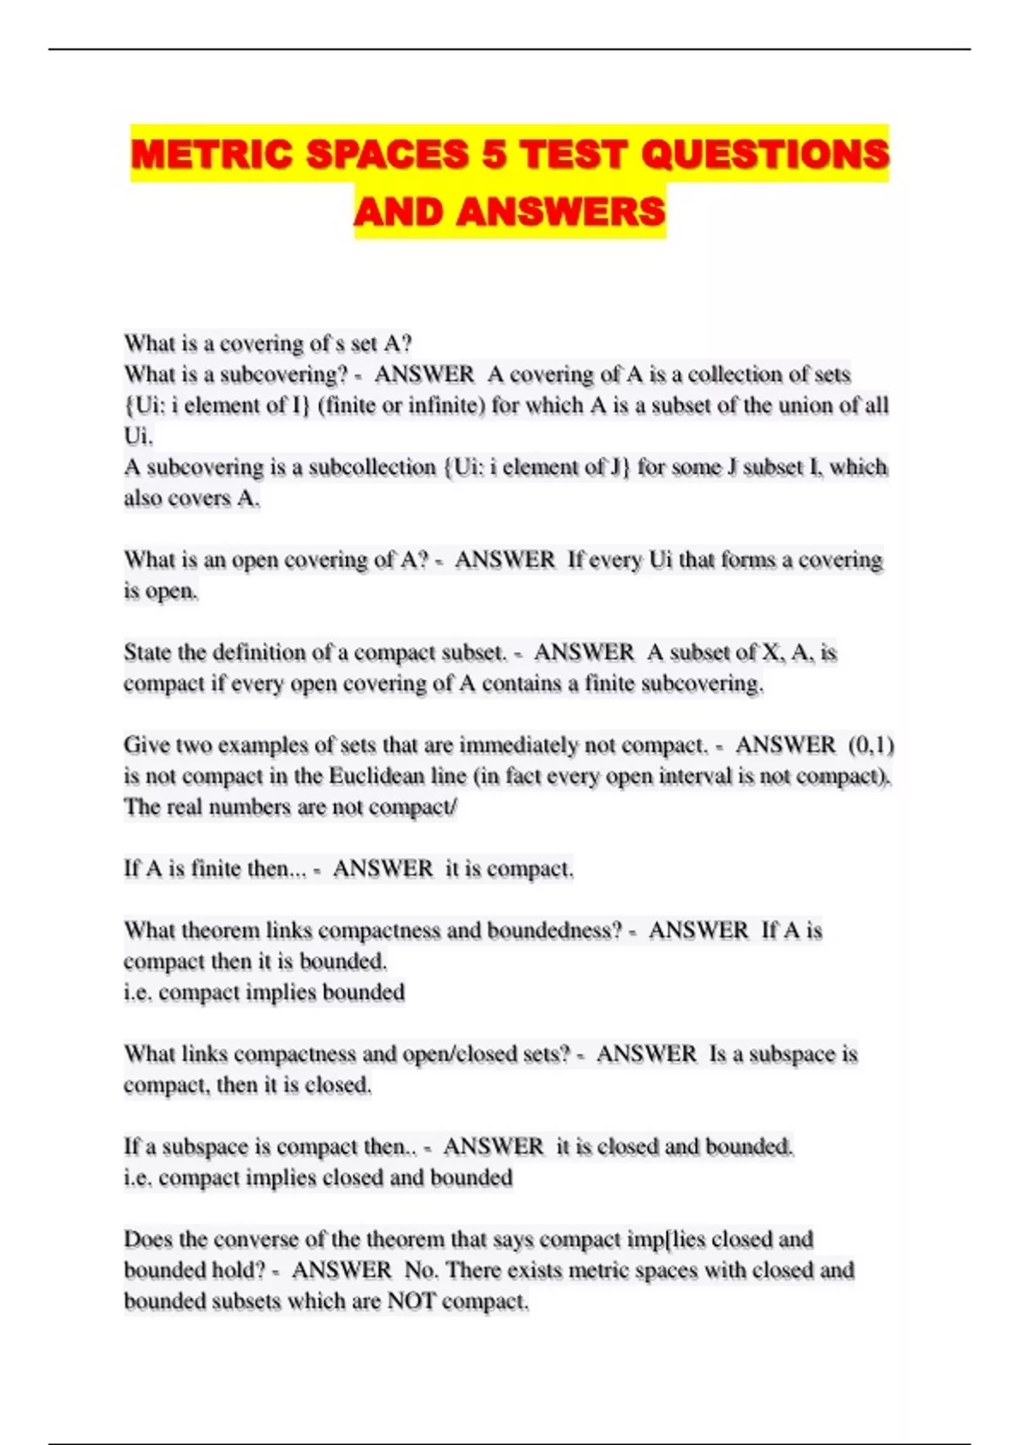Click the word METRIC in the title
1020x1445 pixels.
[212, 155]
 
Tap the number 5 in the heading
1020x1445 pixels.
[493, 155]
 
